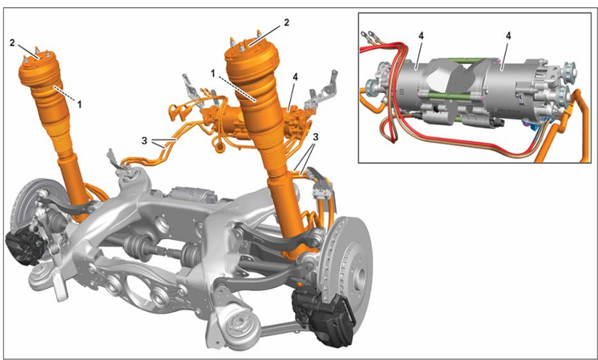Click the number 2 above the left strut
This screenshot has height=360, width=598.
click(12, 43)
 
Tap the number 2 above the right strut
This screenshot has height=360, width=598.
click(286, 22)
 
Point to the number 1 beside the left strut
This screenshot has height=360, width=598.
click(79, 104)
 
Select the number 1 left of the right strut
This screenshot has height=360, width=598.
click(214, 73)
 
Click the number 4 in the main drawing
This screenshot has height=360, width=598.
click(295, 77)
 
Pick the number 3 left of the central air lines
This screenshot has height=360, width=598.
click(144, 141)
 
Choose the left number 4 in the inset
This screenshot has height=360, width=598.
click(420, 36)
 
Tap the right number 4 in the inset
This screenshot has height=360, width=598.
click(508, 36)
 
